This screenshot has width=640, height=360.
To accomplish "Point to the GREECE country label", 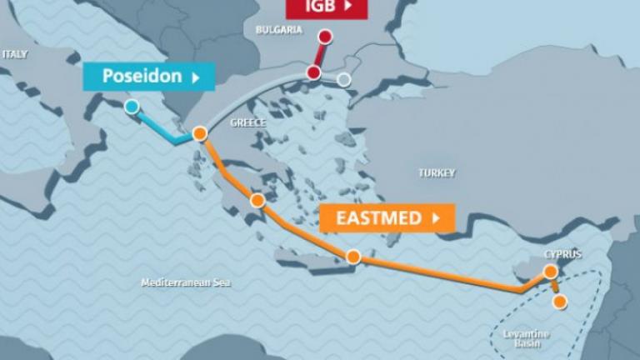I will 247,122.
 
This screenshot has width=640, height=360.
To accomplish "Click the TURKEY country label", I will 437,173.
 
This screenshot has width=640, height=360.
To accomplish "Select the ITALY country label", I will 14,54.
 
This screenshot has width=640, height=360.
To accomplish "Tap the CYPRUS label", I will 562,254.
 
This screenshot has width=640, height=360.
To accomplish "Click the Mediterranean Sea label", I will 185,283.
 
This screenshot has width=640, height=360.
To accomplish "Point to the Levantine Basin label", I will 522,338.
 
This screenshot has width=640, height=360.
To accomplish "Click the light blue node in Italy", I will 132,107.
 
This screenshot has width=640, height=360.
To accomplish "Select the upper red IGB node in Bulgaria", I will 325,36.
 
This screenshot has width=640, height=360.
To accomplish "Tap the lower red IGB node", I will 313,73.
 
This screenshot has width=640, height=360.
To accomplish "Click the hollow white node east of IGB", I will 344,80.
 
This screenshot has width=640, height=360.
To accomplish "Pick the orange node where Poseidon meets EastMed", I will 199,133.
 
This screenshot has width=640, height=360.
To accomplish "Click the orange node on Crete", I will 353,257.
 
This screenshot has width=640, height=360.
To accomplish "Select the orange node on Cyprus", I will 550,272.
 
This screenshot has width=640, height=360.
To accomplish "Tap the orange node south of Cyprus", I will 560,302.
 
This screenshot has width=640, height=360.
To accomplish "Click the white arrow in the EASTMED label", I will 434,218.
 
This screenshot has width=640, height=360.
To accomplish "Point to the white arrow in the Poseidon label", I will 196,77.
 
